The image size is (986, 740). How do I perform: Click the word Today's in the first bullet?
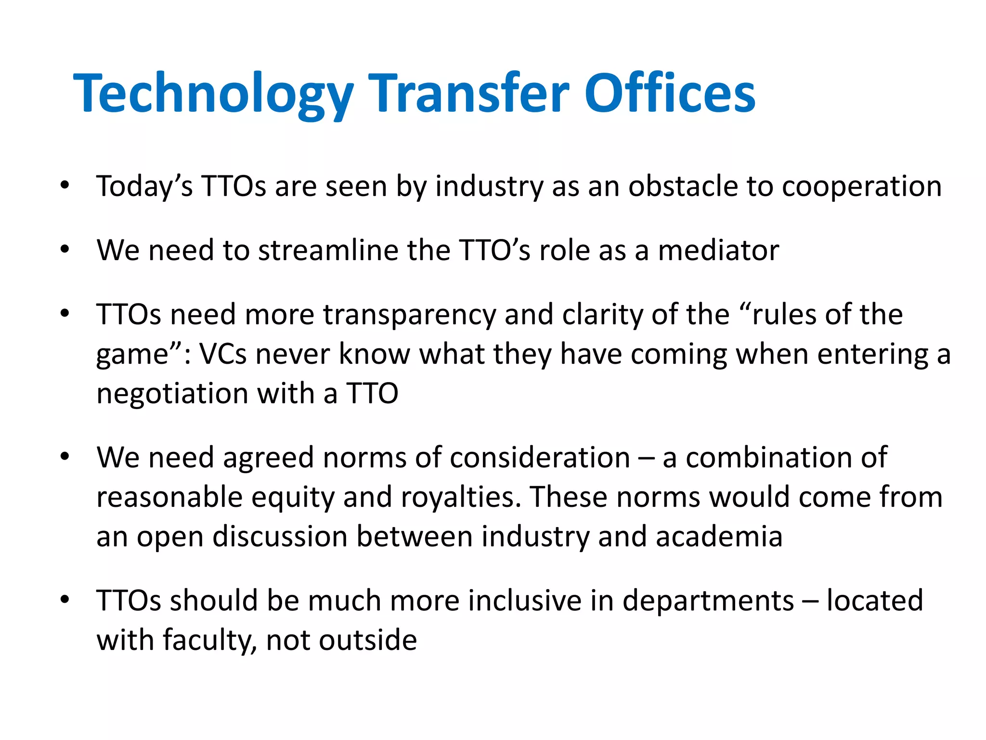(x=144, y=186)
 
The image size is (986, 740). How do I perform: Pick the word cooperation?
(x=862, y=186)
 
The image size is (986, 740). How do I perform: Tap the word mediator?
(x=718, y=250)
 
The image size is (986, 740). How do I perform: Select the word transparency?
(x=409, y=315)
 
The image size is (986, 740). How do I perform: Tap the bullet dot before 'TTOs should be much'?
(x=65, y=600)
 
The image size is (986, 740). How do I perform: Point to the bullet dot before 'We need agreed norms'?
(x=65, y=457)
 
